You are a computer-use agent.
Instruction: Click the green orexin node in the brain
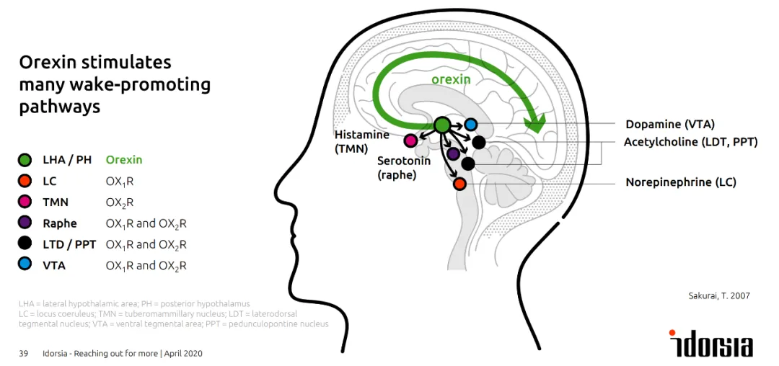(443, 125)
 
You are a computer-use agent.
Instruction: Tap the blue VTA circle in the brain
(471, 125)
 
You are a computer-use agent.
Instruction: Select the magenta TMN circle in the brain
(410, 140)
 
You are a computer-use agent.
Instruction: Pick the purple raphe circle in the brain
(453, 153)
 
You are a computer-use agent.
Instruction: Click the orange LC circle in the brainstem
(459, 184)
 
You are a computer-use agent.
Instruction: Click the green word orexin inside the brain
(451, 79)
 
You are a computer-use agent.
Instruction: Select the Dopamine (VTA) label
(670, 124)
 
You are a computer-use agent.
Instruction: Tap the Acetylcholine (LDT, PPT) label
(690, 142)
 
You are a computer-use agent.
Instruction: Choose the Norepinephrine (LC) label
(680, 182)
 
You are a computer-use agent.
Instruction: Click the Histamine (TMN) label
(361, 141)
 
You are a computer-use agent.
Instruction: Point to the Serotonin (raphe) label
(403, 167)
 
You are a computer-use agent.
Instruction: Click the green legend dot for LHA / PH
(25, 160)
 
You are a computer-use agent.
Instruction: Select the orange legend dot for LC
(25, 182)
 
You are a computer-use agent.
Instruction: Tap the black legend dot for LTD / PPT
(25, 244)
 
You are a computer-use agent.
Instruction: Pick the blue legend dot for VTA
(25, 265)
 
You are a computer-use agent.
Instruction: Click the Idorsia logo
(711, 344)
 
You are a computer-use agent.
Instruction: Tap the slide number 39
(23, 353)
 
